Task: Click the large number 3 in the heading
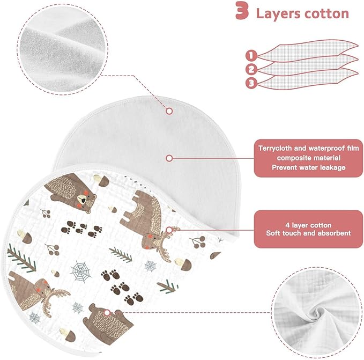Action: click(242, 11)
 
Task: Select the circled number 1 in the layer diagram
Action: click(251, 55)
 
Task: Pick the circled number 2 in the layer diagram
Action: click(251, 69)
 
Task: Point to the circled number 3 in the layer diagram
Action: click(251, 83)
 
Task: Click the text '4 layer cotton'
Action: click(308, 225)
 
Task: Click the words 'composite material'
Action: click(309, 158)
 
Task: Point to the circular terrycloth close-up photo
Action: click(62, 49)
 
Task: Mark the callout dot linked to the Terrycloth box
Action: click(169, 158)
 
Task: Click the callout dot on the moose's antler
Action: click(169, 230)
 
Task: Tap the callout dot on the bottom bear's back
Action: click(107, 313)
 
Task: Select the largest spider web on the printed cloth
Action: click(80, 271)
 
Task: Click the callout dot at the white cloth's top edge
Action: click(169, 111)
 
